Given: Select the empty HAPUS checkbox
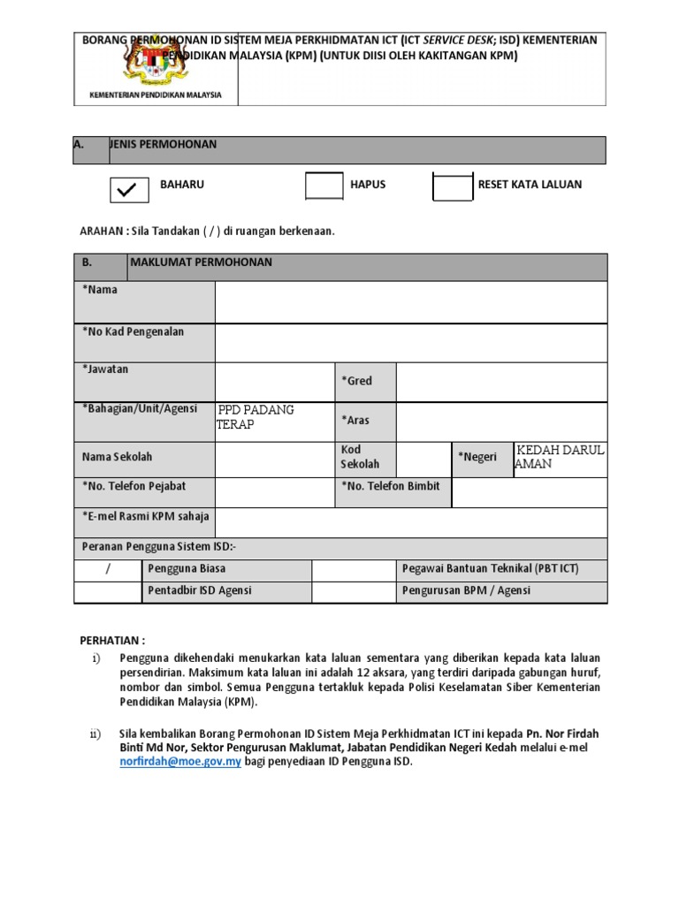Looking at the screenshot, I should coord(324,186).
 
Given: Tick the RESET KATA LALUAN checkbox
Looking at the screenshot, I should coord(453,186).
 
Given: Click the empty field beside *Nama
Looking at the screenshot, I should coord(410,302).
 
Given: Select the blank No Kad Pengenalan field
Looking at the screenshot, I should coord(410,342).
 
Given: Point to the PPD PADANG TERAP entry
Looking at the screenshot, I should coord(256,417).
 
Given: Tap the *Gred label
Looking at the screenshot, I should coord(357,381).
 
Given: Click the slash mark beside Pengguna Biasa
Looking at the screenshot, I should coord(108,569).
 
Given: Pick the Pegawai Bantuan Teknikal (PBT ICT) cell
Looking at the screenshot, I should coord(490,569).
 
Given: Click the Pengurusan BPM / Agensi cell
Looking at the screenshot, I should coord(466,590).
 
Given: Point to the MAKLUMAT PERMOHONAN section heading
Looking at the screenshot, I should coord(202,263).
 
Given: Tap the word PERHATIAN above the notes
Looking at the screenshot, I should coord(112,640).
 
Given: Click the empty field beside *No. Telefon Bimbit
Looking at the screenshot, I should coord(529,492).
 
